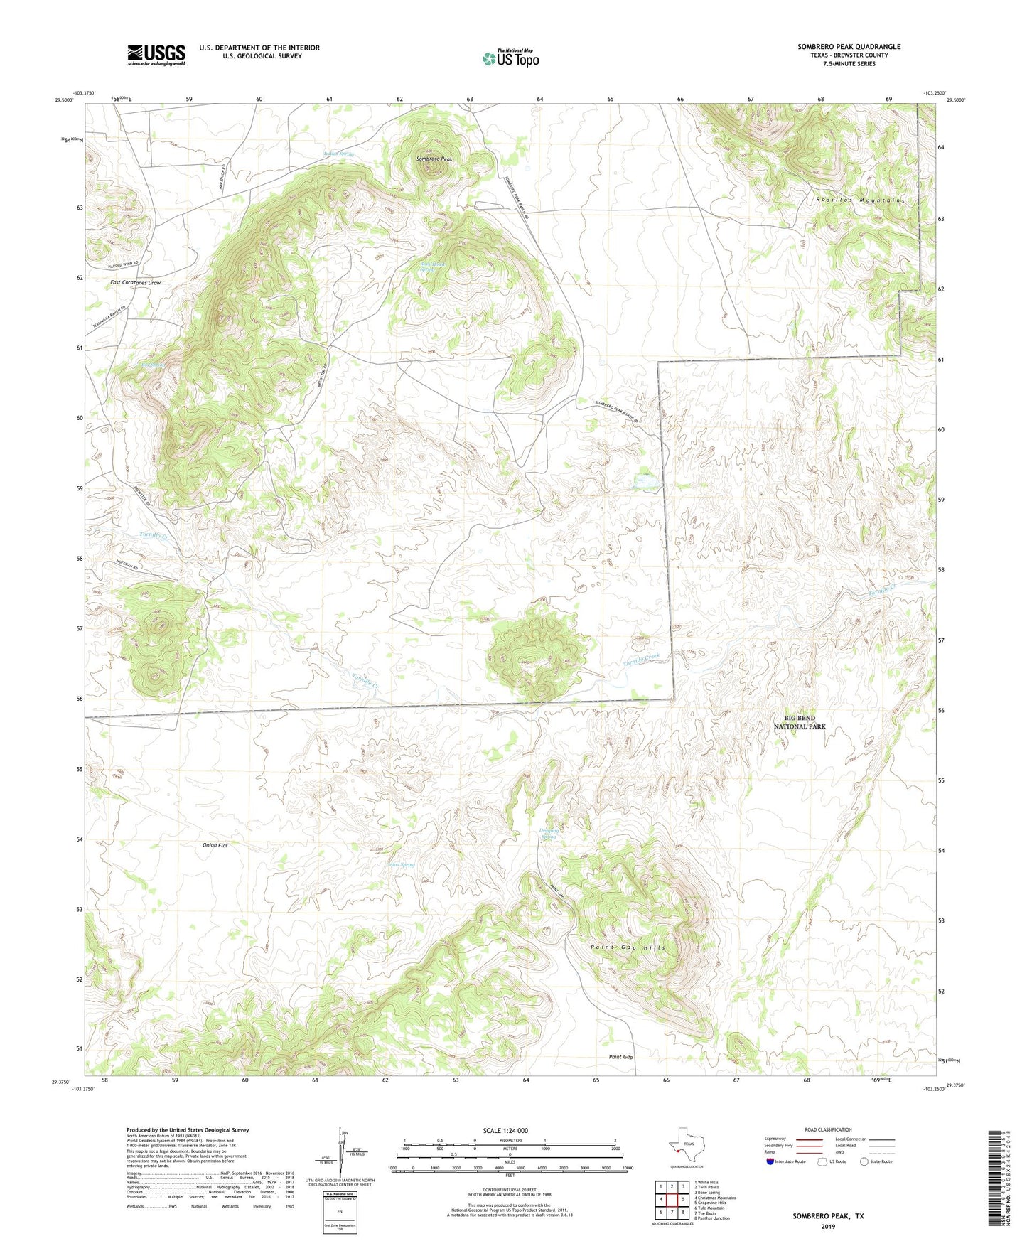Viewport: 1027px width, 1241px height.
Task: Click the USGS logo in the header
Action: [156, 55]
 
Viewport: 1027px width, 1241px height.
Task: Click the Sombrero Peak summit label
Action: [434, 159]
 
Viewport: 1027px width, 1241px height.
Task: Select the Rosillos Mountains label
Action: [861, 200]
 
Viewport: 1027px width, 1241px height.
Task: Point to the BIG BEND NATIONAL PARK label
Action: [800, 722]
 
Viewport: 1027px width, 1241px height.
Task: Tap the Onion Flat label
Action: [214, 846]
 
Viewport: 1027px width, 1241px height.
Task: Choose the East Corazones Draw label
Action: [136, 283]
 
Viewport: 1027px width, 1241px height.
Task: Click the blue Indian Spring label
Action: [338, 154]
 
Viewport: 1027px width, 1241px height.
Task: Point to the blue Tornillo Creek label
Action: [642, 659]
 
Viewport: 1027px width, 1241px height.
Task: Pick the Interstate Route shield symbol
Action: [771, 1161]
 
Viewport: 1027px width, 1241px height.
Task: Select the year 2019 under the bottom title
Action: [828, 1226]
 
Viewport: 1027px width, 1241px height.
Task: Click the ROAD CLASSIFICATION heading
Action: [828, 1129]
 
